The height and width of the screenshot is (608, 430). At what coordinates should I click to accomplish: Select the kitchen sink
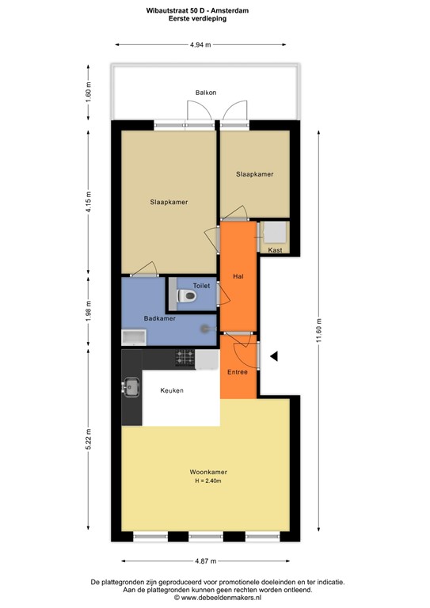click(131, 388)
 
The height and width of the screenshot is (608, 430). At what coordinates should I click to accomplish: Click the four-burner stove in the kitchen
click(185, 357)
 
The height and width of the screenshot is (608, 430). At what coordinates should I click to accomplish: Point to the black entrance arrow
click(274, 357)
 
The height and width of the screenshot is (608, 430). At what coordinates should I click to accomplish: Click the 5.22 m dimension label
click(89, 439)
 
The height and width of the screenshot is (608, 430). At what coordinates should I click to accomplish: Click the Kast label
click(275, 250)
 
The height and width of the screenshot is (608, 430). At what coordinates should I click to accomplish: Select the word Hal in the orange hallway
click(238, 276)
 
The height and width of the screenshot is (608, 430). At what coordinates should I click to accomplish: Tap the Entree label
click(238, 371)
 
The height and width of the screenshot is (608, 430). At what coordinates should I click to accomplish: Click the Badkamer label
click(159, 318)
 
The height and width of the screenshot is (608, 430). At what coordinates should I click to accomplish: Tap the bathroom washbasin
click(132, 339)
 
